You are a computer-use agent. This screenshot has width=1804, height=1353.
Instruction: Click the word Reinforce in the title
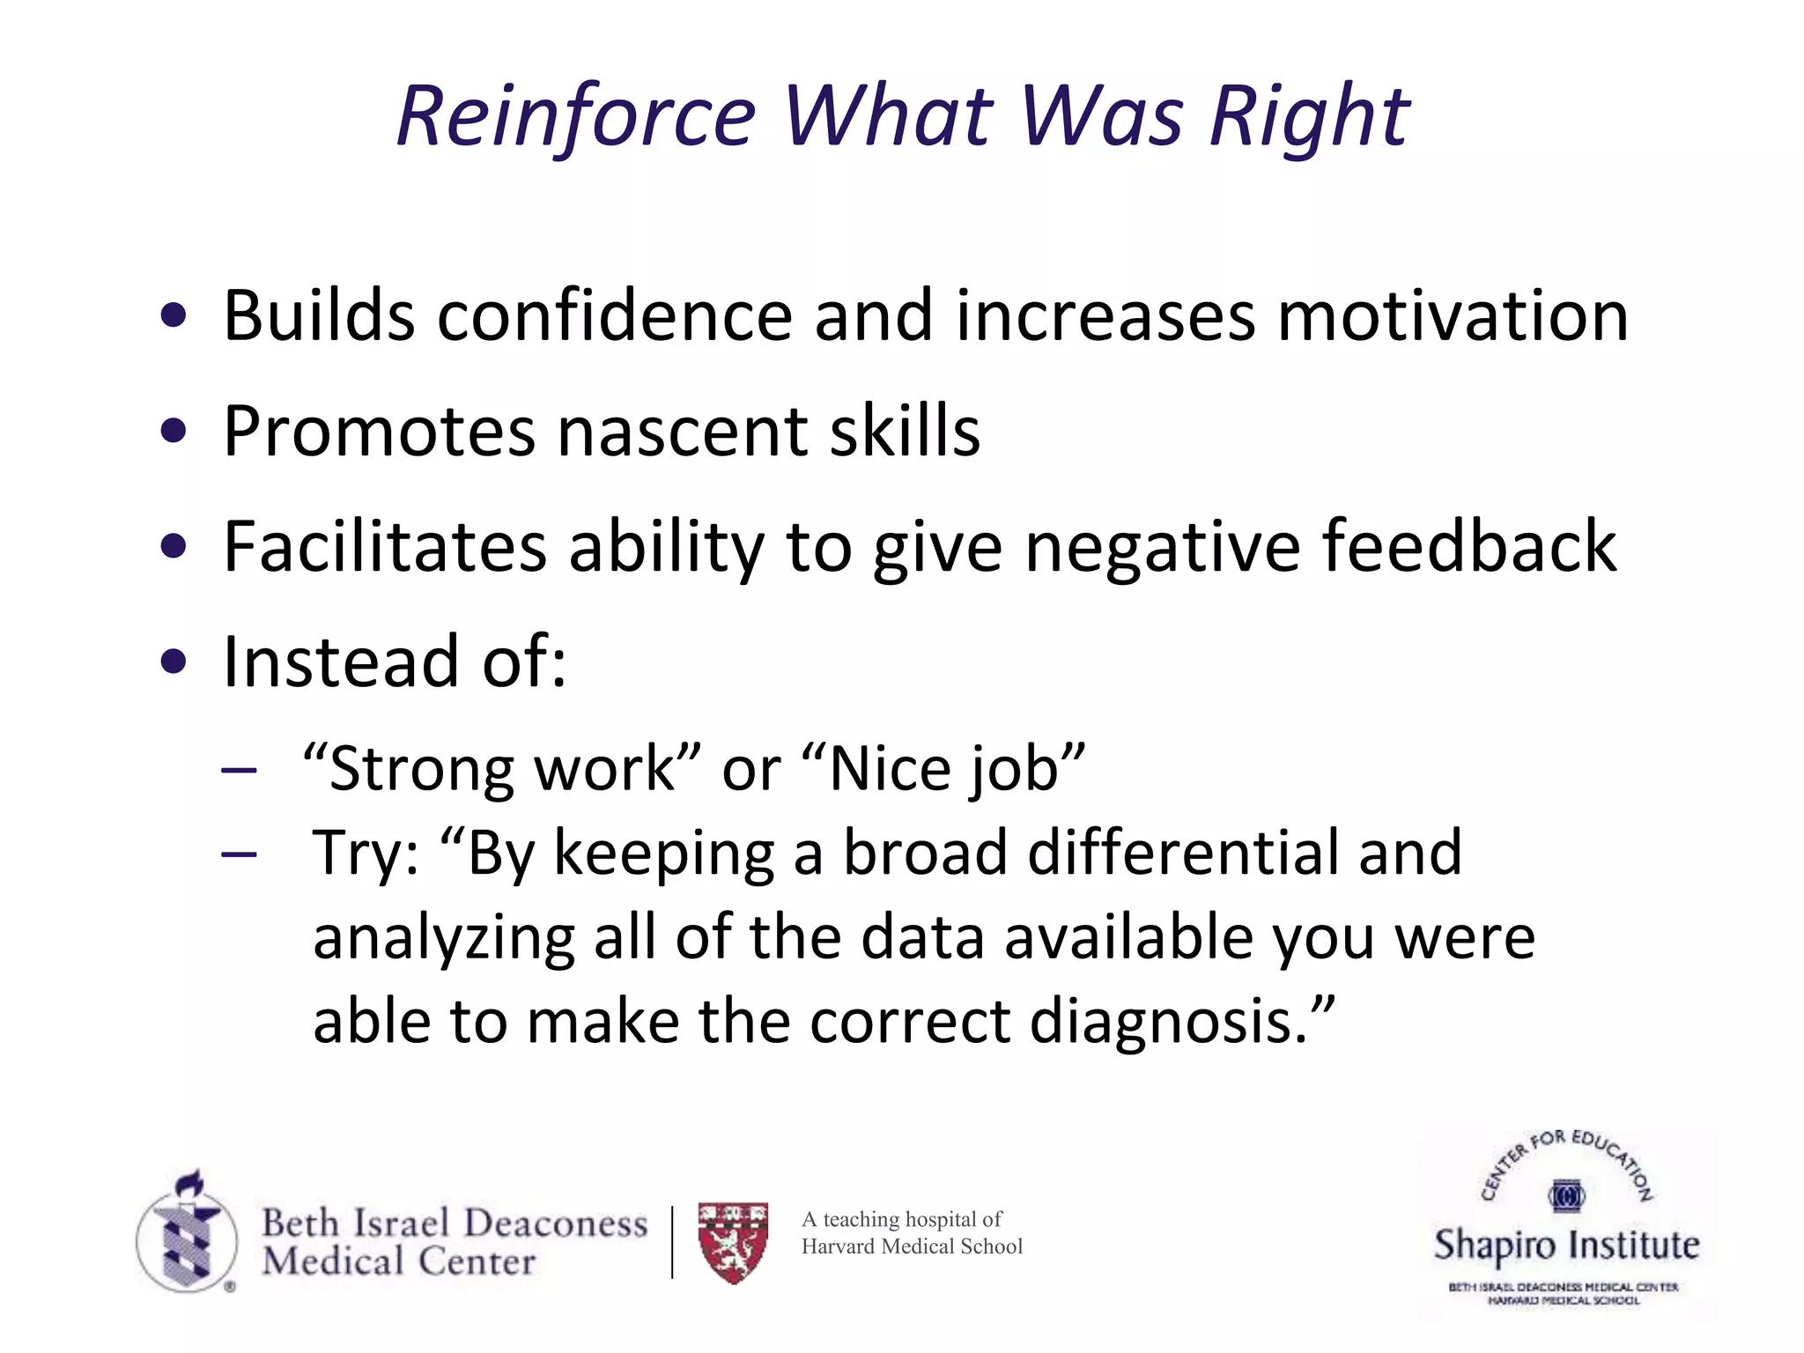click(577, 116)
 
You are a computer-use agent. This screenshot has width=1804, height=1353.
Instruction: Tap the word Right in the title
click(1309, 116)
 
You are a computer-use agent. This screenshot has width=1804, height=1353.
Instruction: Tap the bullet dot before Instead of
click(174, 662)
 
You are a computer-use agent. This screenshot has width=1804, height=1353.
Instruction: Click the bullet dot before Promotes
click(174, 432)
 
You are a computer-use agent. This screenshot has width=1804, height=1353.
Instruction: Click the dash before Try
click(239, 854)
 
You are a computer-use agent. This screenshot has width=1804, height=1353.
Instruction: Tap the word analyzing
click(443, 937)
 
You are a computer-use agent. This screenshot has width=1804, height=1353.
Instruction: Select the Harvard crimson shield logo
click(733, 1242)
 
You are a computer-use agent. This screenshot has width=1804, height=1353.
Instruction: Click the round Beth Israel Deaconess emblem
click(187, 1237)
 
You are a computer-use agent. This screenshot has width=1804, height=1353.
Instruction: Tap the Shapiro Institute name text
click(1566, 1246)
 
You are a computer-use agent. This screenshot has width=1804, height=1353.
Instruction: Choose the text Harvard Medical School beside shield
click(912, 1246)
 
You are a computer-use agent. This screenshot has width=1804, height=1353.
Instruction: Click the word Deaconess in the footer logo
click(555, 1224)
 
